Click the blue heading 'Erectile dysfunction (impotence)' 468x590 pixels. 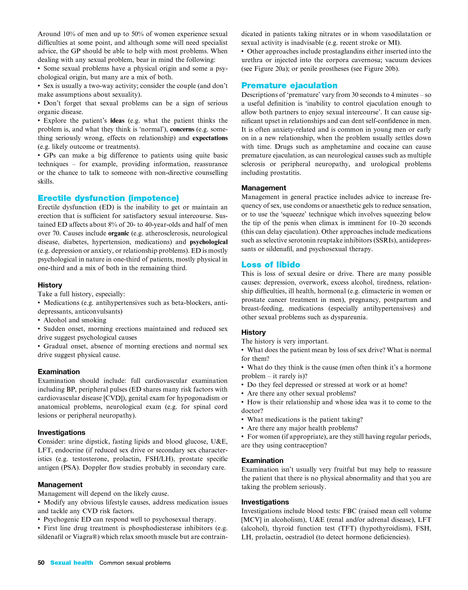(108, 198)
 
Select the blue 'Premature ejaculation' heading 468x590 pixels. (289, 86)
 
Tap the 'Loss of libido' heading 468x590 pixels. (271, 265)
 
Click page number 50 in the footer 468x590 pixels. (41, 563)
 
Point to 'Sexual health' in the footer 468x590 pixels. (72, 563)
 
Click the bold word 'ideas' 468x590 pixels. (117, 121)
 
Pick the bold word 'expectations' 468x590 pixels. (210, 138)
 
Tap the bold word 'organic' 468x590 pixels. (119, 234)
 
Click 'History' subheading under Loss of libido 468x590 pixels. (253, 332)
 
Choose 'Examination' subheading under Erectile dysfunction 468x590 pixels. (59, 372)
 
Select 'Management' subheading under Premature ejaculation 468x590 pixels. (264, 188)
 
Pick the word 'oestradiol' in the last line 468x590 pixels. (299, 537)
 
